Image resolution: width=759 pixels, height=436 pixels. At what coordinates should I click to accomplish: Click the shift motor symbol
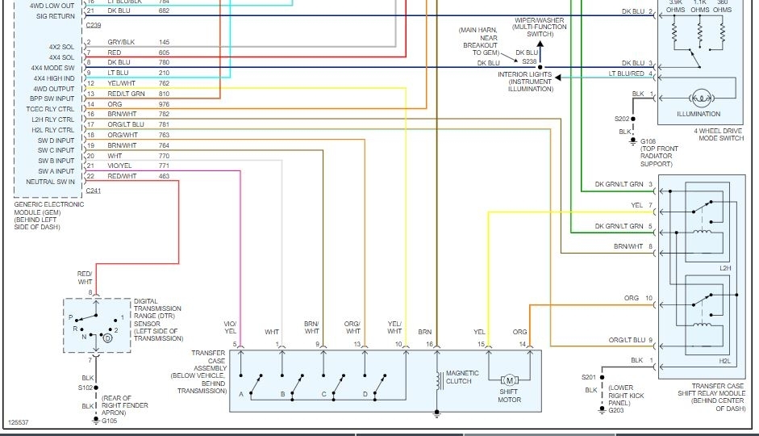(x=508, y=380)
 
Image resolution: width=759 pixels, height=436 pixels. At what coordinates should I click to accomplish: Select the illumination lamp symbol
(x=700, y=99)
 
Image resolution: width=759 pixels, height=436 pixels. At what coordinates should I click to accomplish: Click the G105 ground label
(x=110, y=421)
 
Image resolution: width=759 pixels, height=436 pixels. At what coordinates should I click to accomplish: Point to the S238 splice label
(x=528, y=62)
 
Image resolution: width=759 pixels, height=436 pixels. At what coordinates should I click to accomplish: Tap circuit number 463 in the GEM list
(x=165, y=175)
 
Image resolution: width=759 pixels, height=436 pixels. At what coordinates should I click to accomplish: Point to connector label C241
(x=93, y=191)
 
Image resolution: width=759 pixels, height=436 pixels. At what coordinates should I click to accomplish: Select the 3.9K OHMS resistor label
(x=676, y=7)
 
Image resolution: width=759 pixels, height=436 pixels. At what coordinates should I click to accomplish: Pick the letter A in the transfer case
(x=241, y=393)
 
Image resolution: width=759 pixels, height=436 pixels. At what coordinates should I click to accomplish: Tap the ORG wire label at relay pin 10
(x=632, y=298)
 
